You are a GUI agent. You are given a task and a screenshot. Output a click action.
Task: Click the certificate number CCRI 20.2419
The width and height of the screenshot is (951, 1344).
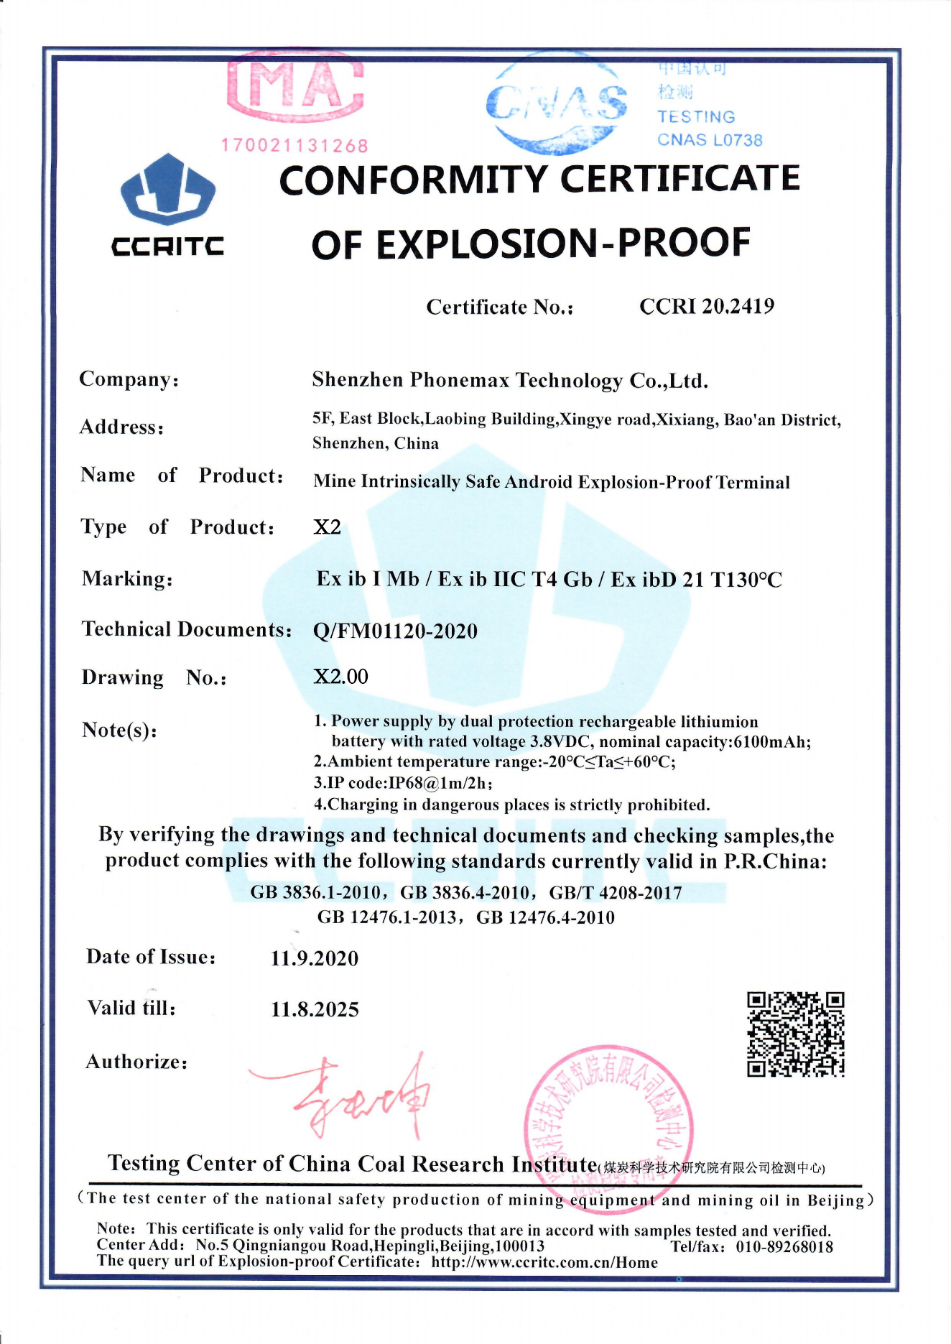tap(707, 307)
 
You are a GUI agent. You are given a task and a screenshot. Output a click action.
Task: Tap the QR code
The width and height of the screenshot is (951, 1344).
tap(795, 1034)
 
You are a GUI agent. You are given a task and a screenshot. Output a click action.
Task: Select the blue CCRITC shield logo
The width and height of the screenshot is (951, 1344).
tap(168, 190)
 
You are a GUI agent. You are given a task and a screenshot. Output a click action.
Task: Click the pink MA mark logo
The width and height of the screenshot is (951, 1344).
tap(295, 85)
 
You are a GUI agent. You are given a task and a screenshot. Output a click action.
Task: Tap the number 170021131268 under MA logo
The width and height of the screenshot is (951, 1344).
tap(294, 146)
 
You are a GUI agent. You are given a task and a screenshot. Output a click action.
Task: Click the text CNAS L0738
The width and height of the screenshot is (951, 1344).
tap(710, 140)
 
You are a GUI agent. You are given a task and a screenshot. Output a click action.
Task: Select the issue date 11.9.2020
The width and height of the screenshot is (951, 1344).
tap(315, 958)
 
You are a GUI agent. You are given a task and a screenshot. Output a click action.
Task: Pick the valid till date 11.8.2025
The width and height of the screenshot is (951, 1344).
tap(315, 1009)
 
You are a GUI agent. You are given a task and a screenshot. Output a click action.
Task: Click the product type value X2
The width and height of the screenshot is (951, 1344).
tap(328, 527)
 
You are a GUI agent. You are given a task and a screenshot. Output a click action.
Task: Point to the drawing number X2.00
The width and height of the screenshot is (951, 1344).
tap(341, 677)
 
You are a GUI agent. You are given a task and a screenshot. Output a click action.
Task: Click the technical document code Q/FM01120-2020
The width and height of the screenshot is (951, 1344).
tap(396, 631)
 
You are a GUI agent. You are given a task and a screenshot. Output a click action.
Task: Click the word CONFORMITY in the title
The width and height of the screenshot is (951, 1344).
tap(412, 180)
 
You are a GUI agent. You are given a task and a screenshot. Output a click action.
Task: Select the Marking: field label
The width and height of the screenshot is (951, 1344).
tap(127, 579)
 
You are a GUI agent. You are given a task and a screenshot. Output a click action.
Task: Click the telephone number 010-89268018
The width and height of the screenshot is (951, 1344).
tap(784, 1247)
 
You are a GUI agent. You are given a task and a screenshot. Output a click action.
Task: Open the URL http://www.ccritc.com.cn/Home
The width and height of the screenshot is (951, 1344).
tap(544, 1263)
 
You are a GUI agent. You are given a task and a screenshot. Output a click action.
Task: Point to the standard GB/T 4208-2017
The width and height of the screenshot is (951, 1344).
tap(616, 893)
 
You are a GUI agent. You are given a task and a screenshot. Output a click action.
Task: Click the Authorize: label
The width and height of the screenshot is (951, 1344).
tap(136, 1062)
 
